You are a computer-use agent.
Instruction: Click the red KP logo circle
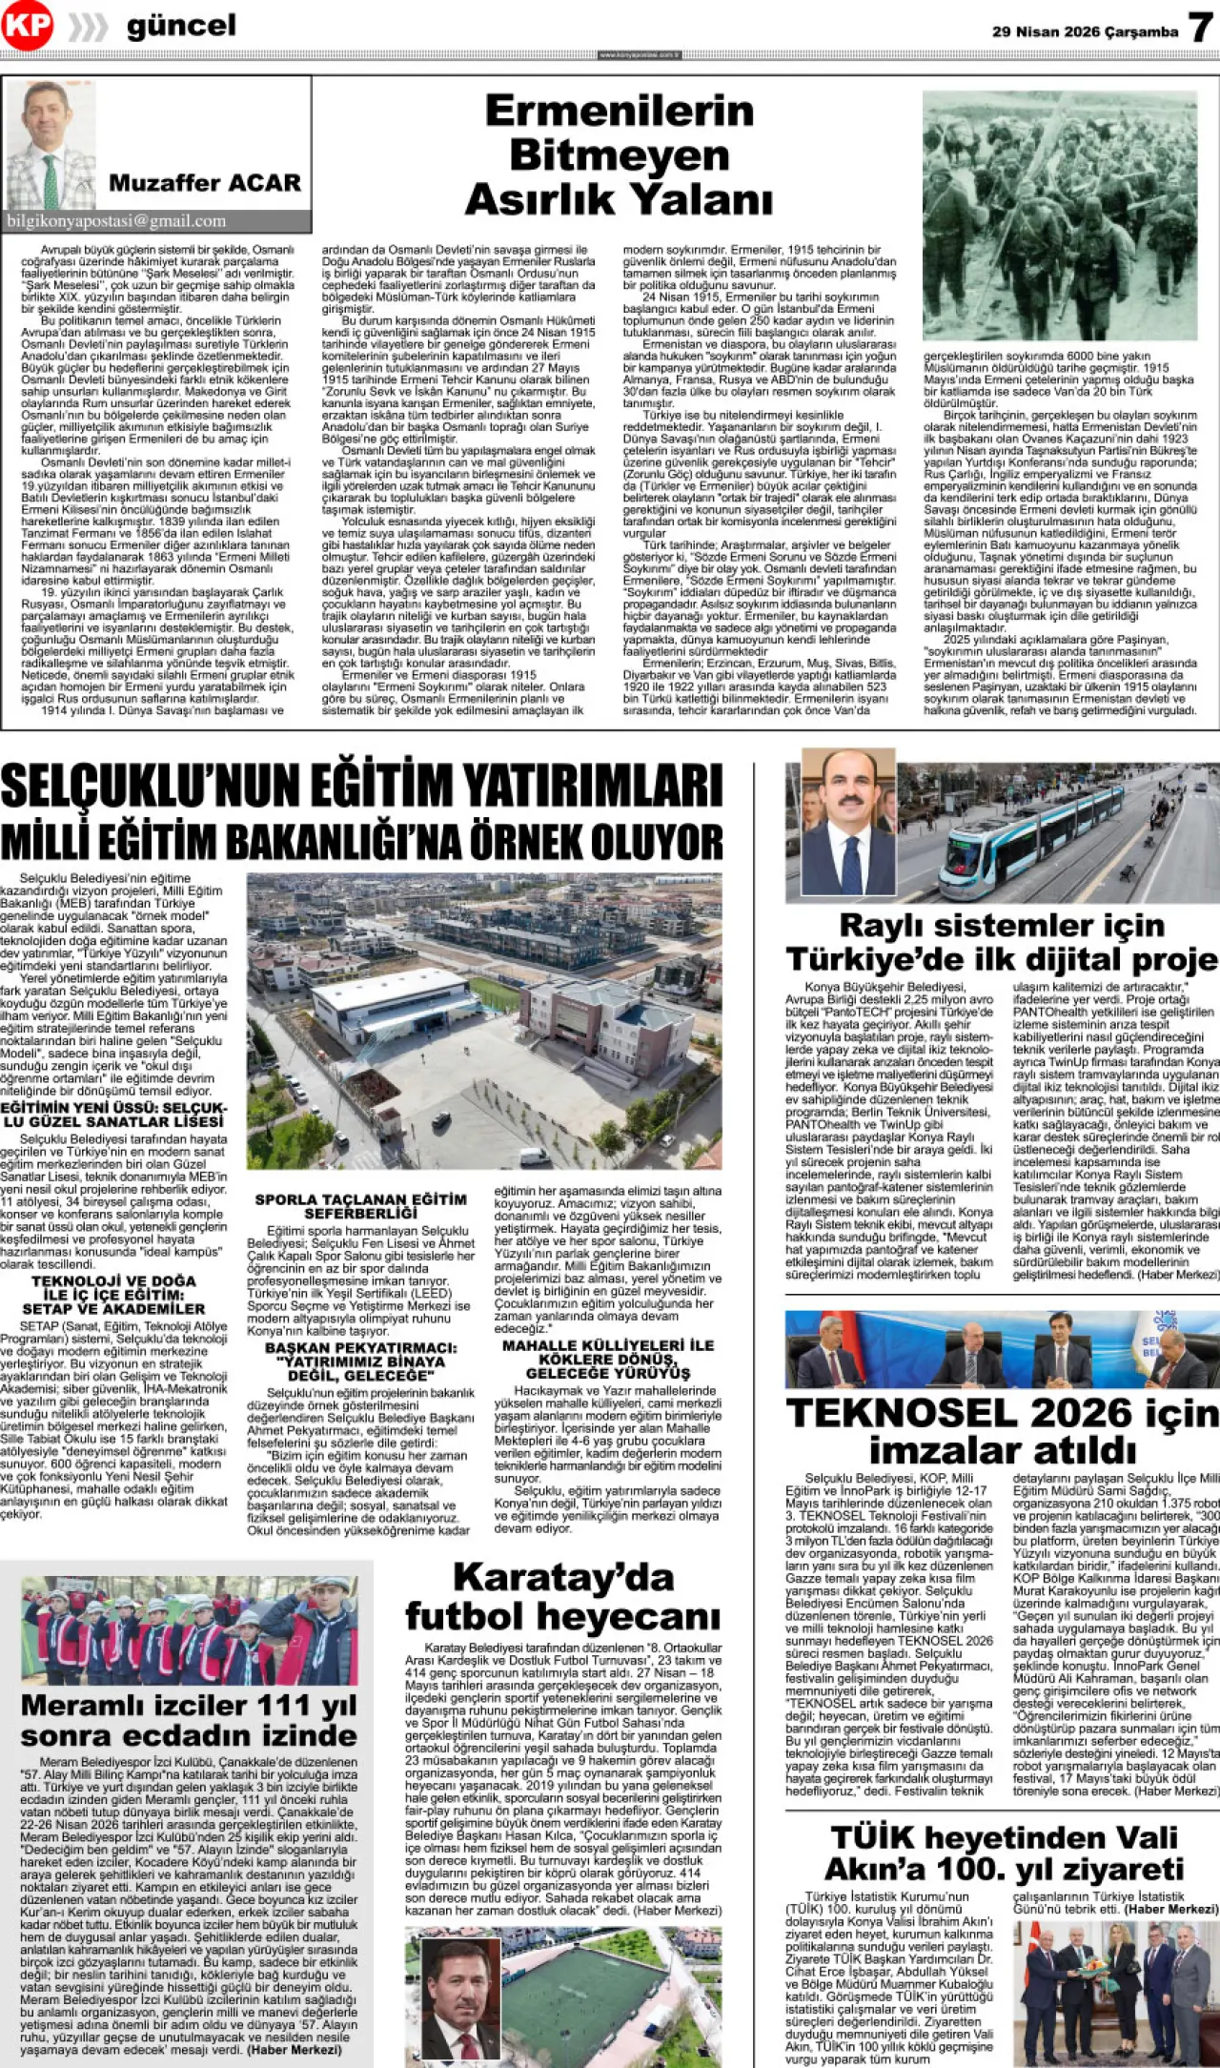click(27, 26)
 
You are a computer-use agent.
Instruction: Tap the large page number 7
click(1201, 28)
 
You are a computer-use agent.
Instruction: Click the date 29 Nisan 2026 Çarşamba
click(1085, 31)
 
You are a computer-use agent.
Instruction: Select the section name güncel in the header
click(181, 27)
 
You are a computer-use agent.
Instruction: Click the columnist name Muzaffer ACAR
click(204, 182)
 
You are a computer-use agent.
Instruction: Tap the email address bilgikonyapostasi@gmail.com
click(117, 221)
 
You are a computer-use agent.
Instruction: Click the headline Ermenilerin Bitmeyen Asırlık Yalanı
click(619, 155)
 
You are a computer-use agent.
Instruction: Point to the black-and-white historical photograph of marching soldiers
click(1059, 215)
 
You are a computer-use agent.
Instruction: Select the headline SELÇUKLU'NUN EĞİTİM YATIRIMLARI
click(361, 788)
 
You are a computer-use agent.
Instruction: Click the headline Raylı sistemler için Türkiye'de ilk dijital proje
click(1002, 941)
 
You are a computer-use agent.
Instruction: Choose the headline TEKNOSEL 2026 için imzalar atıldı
click(1002, 1430)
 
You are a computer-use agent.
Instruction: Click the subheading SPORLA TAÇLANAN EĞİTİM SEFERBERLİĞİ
click(360, 1205)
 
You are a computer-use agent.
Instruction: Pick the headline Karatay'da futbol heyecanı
click(562, 1597)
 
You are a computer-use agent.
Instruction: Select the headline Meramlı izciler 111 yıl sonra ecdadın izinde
click(189, 1720)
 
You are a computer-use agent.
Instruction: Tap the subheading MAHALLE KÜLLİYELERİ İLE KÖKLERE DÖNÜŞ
click(607, 1359)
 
